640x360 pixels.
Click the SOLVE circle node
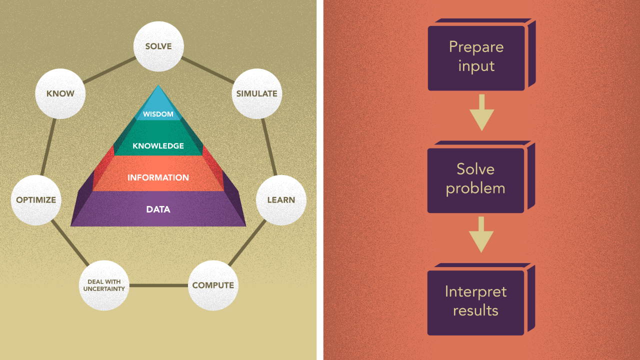tap(158, 46)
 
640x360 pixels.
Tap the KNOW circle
tap(60, 93)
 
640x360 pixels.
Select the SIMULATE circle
tap(256, 93)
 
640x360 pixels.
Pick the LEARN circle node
tap(281, 200)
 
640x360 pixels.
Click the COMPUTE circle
tap(213, 285)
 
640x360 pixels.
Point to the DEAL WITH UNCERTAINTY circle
tap(104, 285)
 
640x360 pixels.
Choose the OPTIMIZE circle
tap(36, 200)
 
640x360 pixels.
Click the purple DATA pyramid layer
tap(158, 209)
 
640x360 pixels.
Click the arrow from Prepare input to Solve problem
tap(481, 112)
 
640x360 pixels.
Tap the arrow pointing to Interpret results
tap(481, 234)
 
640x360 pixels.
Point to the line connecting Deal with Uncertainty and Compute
tap(158, 285)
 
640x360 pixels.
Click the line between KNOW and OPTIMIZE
tap(48, 147)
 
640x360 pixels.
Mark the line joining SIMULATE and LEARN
tap(269, 147)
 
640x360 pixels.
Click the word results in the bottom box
tap(475, 310)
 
